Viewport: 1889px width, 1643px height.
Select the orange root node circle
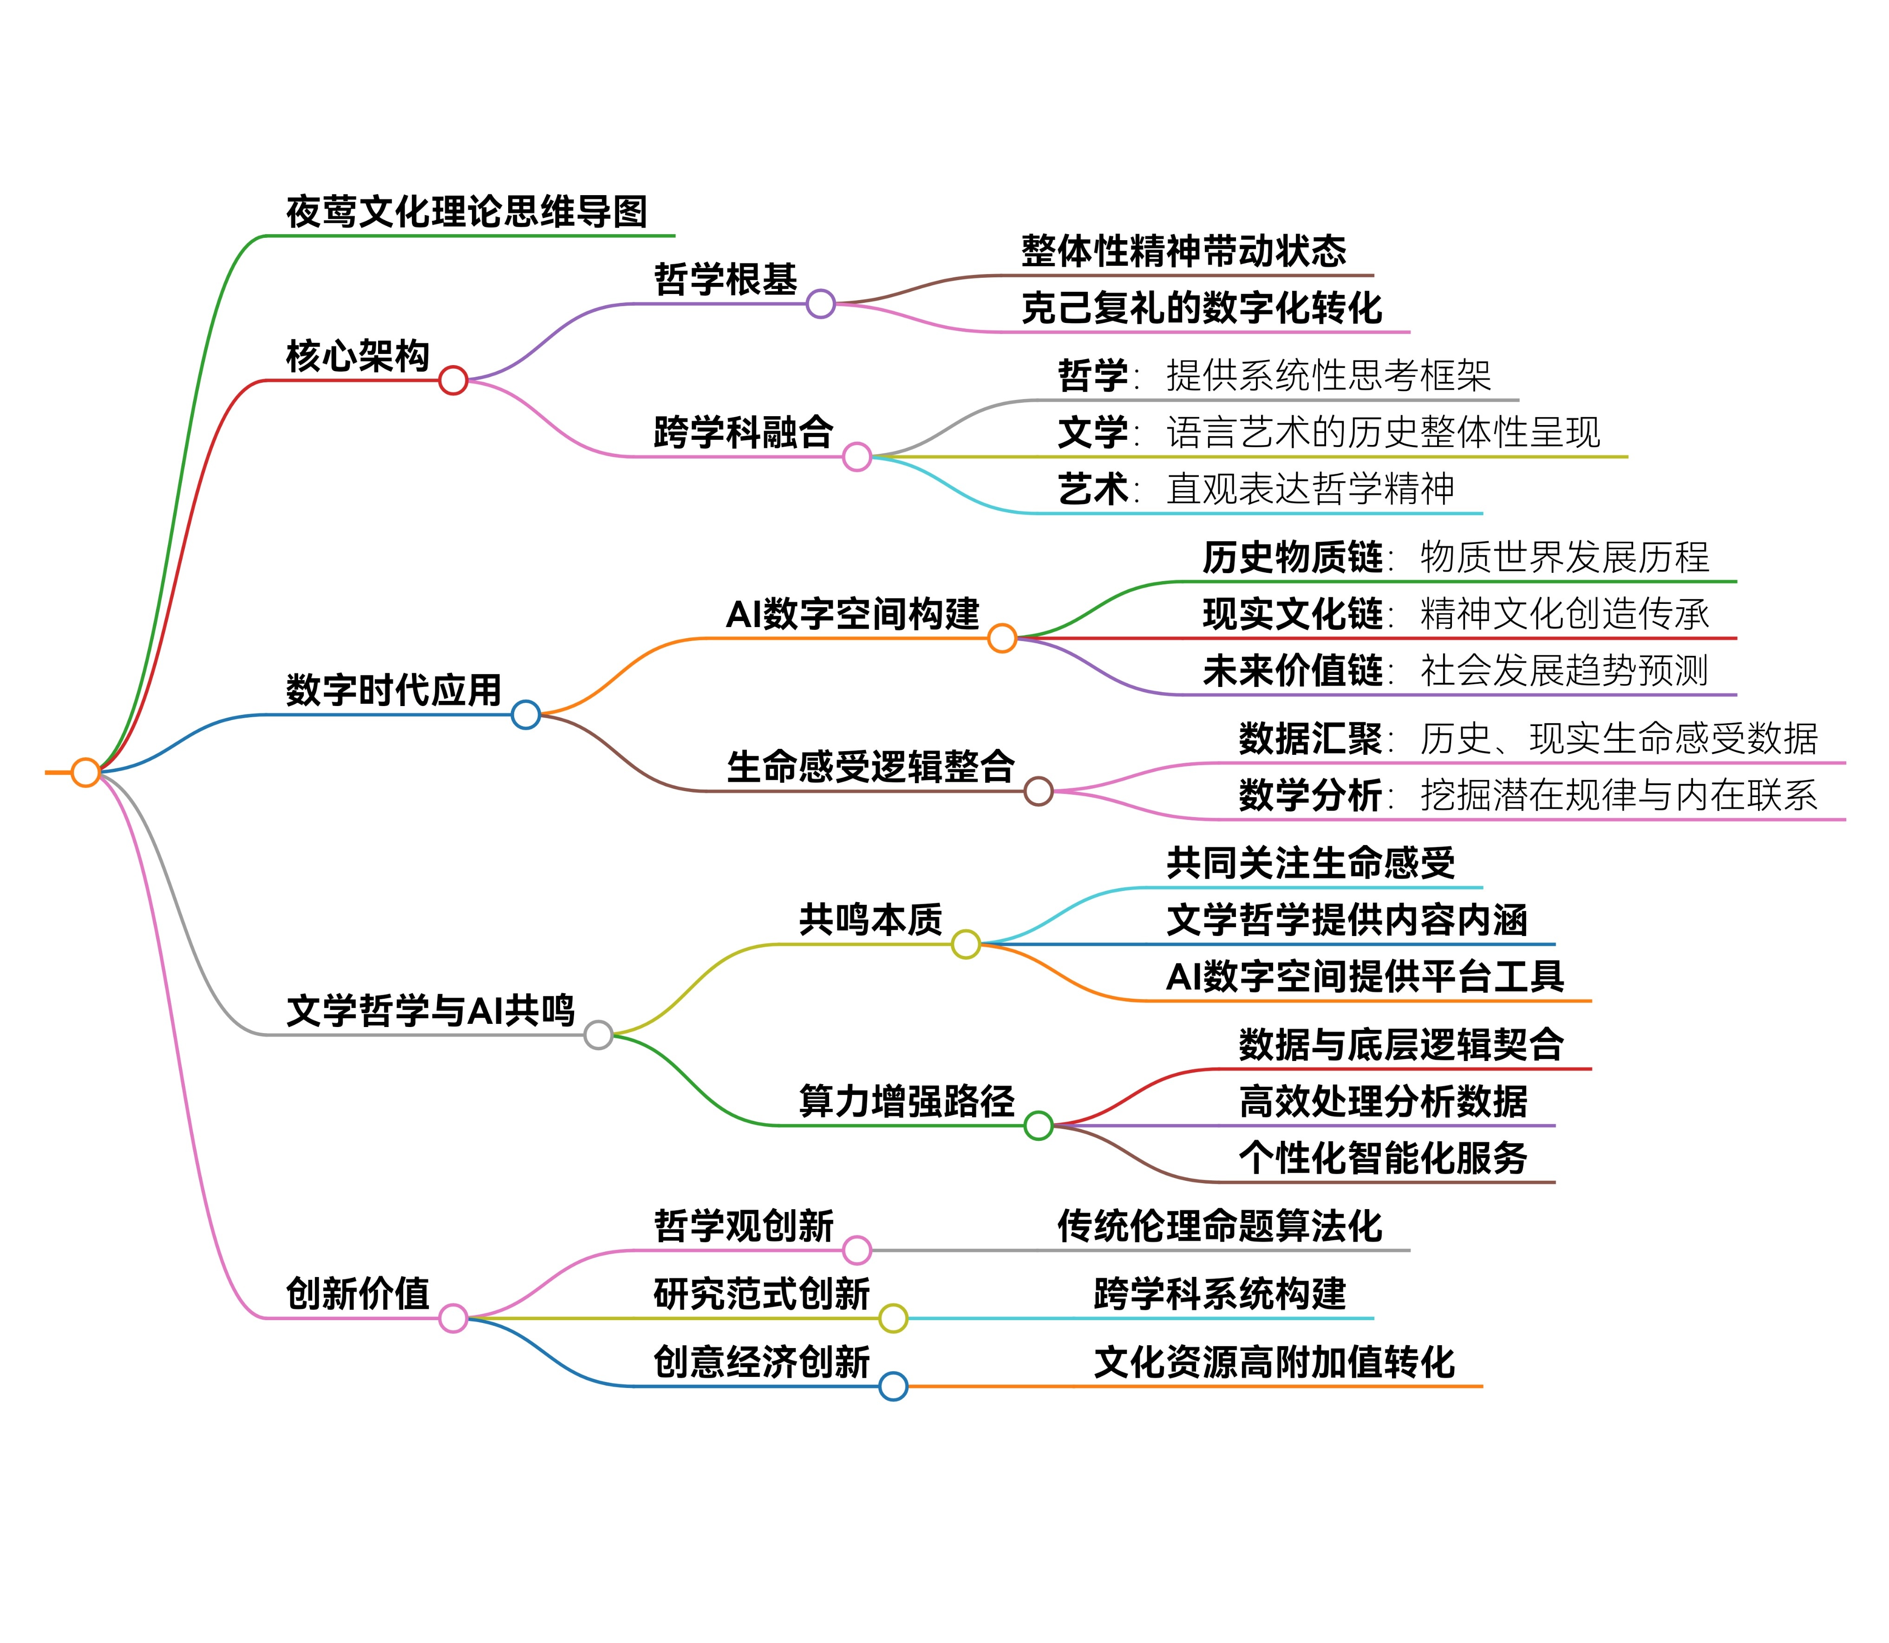click(85, 772)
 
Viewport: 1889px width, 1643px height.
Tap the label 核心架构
click(358, 356)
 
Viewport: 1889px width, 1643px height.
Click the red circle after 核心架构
click(453, 380)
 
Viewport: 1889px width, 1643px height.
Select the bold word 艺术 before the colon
click(1092, 489)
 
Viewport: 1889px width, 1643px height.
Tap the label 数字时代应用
click(394, 690)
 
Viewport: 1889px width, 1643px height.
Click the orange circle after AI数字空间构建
click(1002, 637)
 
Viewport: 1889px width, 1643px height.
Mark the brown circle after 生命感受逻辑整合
click(1038, 790)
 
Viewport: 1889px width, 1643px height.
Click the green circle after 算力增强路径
click(1038, 1125)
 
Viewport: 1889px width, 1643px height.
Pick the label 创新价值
click(358, 1294)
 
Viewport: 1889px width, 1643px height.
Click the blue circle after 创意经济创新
click(893, 1386)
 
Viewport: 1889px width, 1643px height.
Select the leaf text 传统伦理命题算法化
click(1219, 1226)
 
